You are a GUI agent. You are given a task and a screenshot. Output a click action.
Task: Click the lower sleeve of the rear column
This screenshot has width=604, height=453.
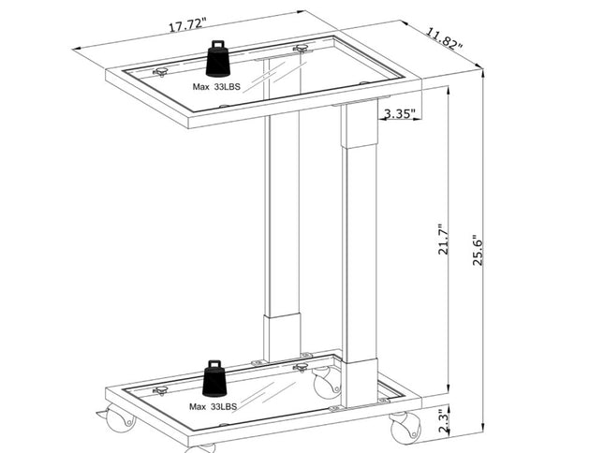click(280, 338)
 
